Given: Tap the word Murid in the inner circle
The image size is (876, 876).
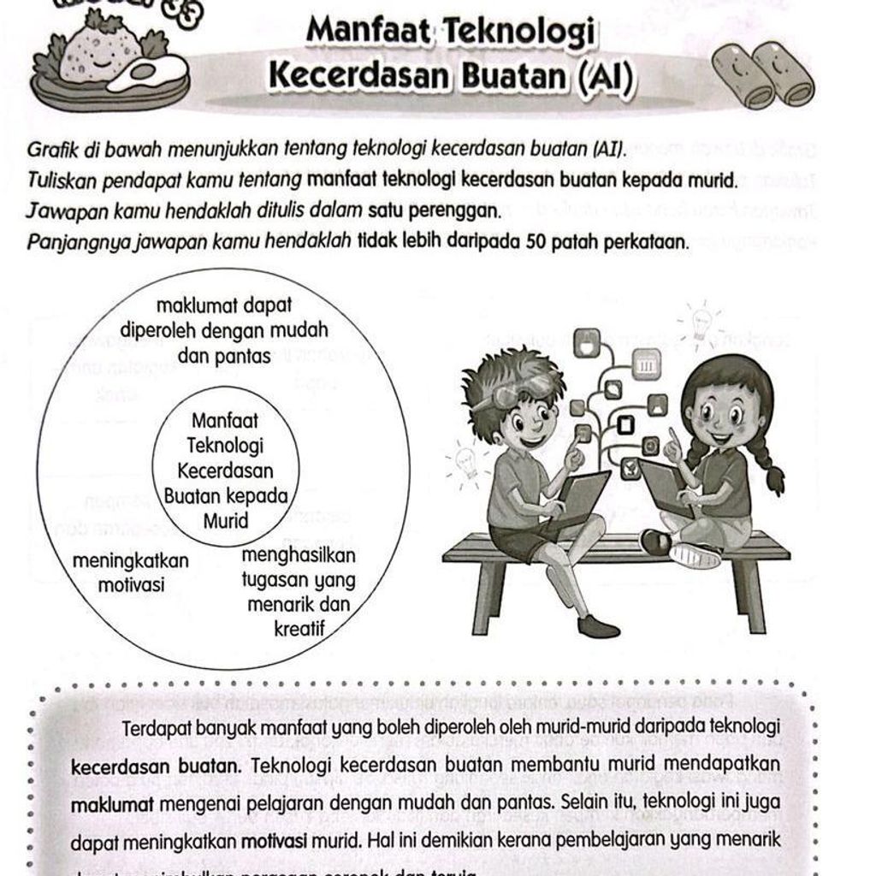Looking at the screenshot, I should [x=226, y=520].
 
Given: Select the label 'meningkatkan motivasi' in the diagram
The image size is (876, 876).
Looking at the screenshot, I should [x=131, y=573].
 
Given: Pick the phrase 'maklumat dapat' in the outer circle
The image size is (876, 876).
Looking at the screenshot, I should [x=224, y=305].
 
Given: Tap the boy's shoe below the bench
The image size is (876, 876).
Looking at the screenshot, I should [x=598, y=627].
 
